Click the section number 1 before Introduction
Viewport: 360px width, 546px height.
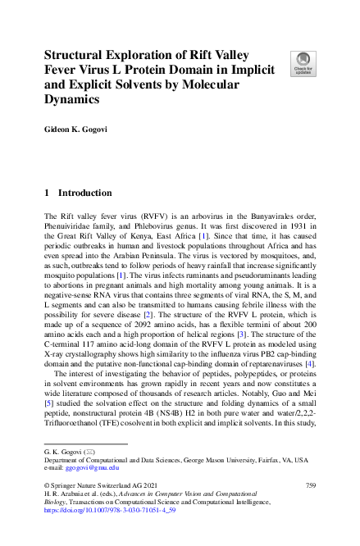tap(47, 193)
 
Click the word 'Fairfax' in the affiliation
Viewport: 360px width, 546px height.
tap(270, 460)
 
